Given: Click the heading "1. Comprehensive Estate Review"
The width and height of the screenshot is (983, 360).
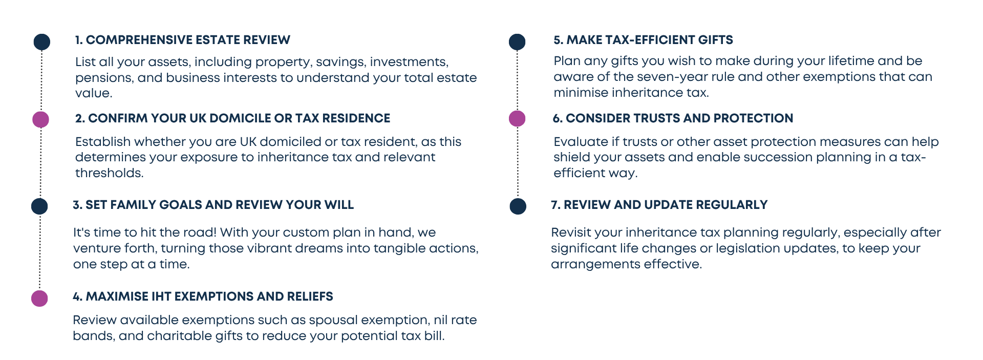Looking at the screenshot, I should pos(182,40).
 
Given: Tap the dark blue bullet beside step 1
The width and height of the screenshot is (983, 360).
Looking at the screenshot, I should pos(41,42).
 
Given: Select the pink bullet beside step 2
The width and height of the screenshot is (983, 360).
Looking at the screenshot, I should pos(41,119).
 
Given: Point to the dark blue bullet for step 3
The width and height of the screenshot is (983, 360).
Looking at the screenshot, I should pos(40,206).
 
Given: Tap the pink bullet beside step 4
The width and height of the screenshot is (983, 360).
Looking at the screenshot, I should pos(40,298).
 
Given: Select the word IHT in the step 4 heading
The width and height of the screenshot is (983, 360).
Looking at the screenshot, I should pos(161,297).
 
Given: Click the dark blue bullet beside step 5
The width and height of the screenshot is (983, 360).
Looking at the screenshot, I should pos(517,42).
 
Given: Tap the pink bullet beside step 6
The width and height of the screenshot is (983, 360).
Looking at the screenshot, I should pos(517,119).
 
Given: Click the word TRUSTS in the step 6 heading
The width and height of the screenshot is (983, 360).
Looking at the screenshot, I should pos(656,118).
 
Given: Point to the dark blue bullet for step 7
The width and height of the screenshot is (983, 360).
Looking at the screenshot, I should pos(518,206).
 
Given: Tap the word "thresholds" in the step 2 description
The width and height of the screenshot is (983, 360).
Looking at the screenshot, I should pos(109,173).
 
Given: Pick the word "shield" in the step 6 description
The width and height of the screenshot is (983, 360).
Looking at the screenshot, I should pos(570,157).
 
